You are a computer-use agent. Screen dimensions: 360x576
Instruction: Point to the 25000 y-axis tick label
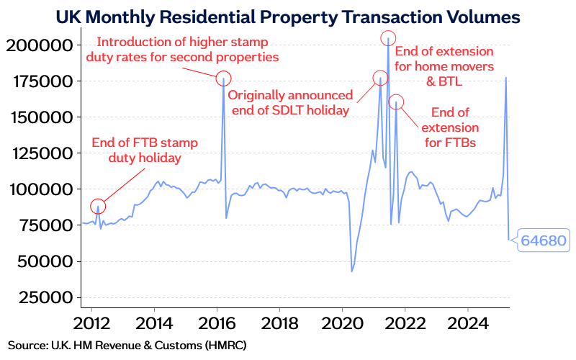tap(43, 297)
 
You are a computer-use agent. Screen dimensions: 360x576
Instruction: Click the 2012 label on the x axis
tap(92, 322)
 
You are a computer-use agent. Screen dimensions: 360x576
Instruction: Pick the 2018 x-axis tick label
tap(280, 322)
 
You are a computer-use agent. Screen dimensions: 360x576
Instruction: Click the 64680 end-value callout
tap(542, 240)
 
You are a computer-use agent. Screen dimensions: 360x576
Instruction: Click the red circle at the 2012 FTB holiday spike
tap(98, 206)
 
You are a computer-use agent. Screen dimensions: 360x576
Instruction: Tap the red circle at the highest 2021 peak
tap(388, 38)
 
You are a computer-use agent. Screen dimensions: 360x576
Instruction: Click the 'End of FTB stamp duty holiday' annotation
tap(145, 150)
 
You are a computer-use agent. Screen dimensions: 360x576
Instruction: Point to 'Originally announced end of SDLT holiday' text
tap(290, 102)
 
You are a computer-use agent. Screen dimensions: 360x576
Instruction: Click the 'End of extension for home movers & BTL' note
tap(444, 66)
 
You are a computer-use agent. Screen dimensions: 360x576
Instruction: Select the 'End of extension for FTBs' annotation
tap(449, 127)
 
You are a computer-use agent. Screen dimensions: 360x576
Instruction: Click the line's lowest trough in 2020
tap(351, 271)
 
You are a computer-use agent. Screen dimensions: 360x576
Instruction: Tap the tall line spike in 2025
tap(506, 78)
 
